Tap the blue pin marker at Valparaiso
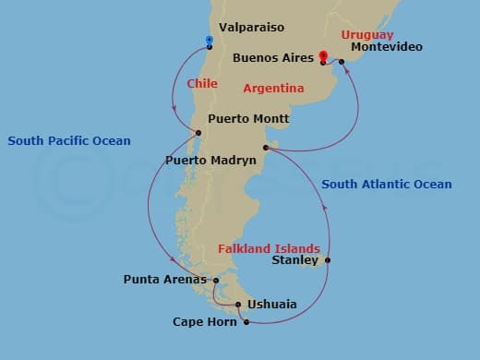tap(210, 41)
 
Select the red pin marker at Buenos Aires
tap(322, 55)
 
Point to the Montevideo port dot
tap(342, 62)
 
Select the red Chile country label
tap(202, 83)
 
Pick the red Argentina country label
tap(273, 89)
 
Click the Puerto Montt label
tap(248, 118)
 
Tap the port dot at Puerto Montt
tap(198, 134)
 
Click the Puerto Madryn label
tap(210, 160)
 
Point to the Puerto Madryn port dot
tap(265, 147)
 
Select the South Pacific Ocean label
tap(69, 141)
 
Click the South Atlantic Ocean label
tap(387, 185)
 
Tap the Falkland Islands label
tap(269, 248)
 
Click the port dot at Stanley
tap(328, 260)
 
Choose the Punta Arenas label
tap(165, 279)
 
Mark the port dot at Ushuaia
tap(238, 305)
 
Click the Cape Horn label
tap(205, 322)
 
